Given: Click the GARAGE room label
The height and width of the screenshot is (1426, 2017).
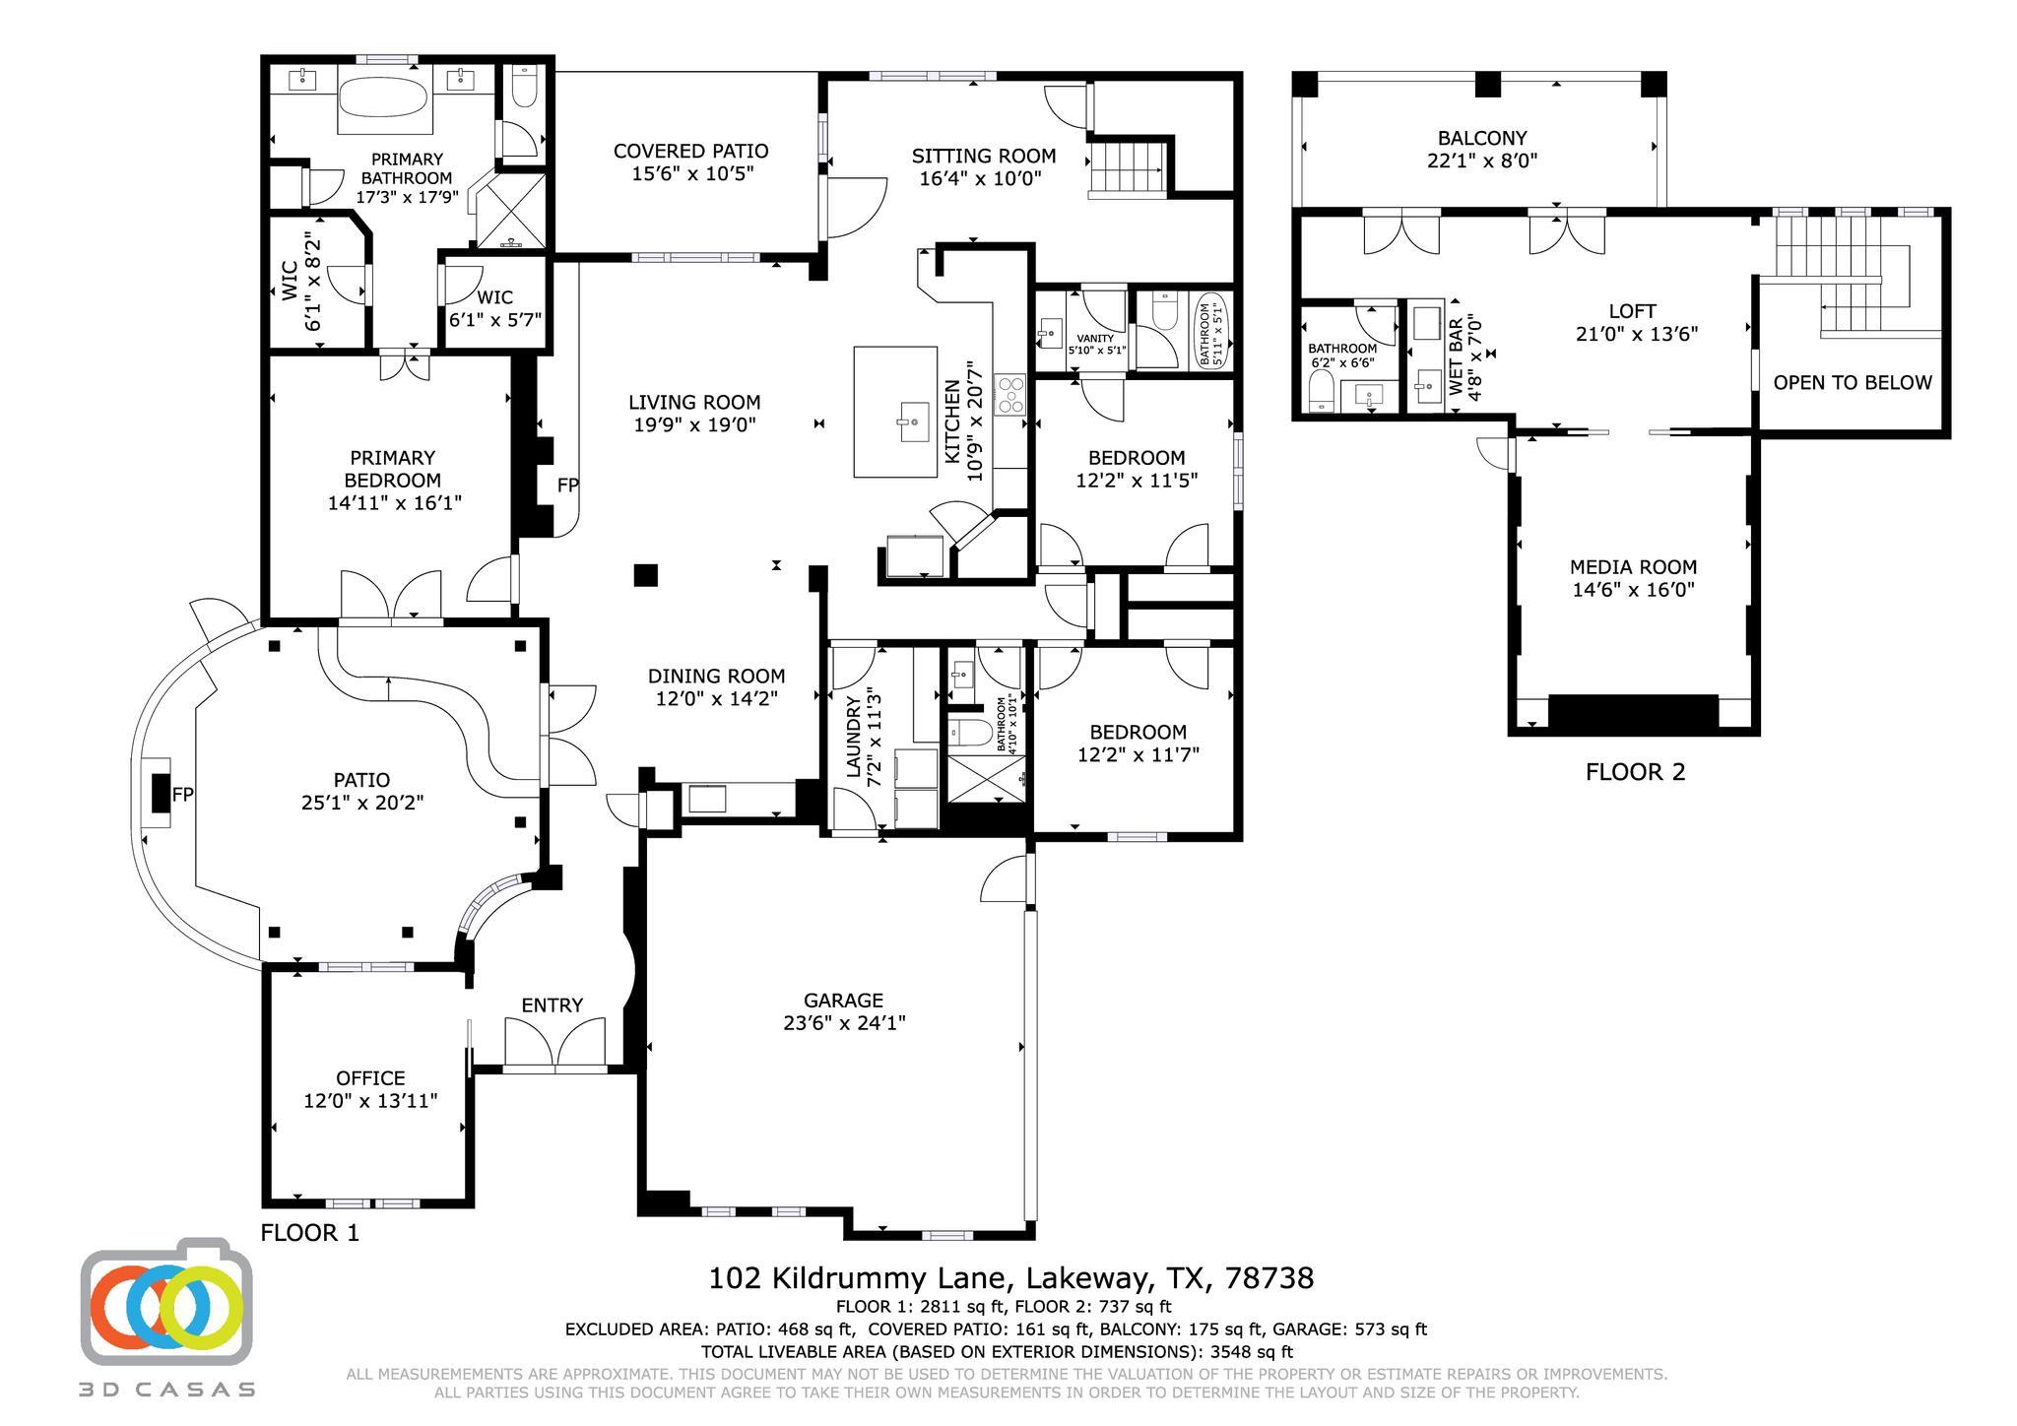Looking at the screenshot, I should (x=843, y=1000).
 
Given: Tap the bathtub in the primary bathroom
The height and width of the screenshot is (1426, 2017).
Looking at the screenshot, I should (x=384, y=98).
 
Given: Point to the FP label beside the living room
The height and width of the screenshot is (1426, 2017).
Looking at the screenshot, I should (x=567, y=485).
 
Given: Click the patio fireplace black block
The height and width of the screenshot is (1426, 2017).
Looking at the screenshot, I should (x=160, y=793).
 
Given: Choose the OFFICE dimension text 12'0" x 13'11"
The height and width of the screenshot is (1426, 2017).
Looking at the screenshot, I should (x=370, y=1100).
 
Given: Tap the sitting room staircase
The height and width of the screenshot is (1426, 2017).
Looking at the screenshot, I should (x=1127, y=169).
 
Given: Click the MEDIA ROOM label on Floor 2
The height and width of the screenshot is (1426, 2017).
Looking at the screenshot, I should (x=1633, y=567).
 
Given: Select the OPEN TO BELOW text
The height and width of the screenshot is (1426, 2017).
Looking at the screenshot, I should (x=1852, y=382).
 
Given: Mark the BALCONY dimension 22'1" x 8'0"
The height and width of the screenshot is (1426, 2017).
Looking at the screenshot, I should (x=1481, y=161).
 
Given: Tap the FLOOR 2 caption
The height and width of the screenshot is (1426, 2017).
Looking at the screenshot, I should (x=1635, y=772).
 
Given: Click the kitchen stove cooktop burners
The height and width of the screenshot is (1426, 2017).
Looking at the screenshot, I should (x=1009, y=393).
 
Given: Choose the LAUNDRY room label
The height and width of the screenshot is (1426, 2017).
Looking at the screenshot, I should (x=853, y=735).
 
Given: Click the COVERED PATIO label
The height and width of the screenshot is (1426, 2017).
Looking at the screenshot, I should (x=690, y=151).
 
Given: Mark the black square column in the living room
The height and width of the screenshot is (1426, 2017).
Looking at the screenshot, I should (x=645, y=575).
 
